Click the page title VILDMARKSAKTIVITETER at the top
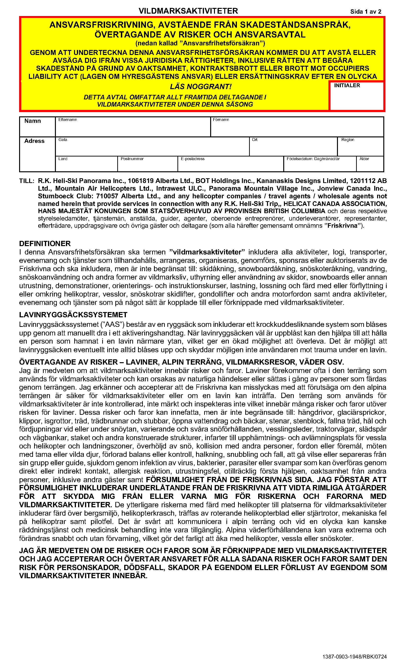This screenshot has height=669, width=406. (x=188, y=11)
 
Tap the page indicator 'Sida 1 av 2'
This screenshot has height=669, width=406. (x=366, y=11)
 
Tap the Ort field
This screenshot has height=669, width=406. (x=293, y=148)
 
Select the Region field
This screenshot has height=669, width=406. (x=360, y=148)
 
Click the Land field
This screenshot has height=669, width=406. (x=86, y=165)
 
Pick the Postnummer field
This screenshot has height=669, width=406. (x=148, y=165)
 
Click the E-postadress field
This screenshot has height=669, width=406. (x=231, y=165)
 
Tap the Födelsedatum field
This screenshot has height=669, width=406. (x=320, y=165)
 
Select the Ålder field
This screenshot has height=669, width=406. (x=370, y=165)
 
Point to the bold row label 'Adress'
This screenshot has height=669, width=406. (x=34, y=141)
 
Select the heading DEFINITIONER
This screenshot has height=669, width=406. (x=45, y=243)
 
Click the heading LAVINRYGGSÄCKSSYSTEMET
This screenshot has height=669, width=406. (x=73, y=315)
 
